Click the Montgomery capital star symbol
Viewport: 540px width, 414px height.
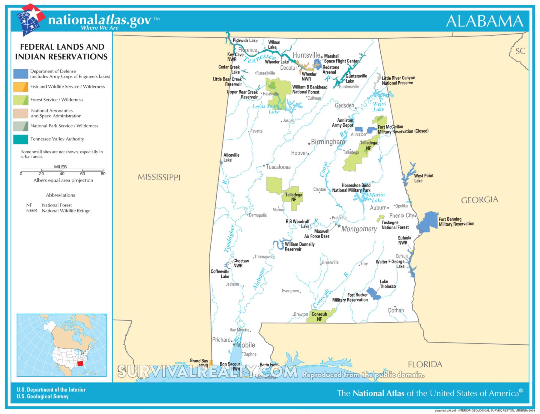pyautogui.click(x=339, y=226)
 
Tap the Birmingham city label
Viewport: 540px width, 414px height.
pyautogui.click(x=328, y=142)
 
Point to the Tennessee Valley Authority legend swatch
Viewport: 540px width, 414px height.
pyautogui.click(x=21, y=139)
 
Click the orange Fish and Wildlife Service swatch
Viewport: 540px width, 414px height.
pyautogui.click(x=21, y=87)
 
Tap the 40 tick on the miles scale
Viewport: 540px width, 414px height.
pyautogui.click(x=62, y=174)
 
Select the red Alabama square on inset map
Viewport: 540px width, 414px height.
pyautogui.click(x=80, y=364)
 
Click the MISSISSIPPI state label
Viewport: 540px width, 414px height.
pyautogui.click(x=159, y=177)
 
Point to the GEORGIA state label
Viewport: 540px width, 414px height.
pyautogui.click(x=479, y=200)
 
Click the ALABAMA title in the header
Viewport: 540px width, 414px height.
pyautogui.click(x=484, y=21)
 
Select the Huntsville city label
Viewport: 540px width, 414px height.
pyautogui.click(x=306, y=55)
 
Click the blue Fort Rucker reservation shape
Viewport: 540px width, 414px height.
pyautogui.click(x=374, y=293)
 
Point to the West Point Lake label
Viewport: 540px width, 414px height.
pyautogui.click(x=424, y=178)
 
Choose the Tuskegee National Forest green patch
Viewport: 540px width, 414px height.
pyautogui.click(x=381, y=218)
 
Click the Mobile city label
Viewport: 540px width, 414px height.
pyautogui.click(x=245, y=345)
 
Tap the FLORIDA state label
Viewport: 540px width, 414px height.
pyautogui.click(x=425, y=364)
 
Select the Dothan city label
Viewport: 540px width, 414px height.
pyautogui.click(x=396, y=310)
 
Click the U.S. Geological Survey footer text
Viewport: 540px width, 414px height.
pyautogui.click(x=43, y=397)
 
